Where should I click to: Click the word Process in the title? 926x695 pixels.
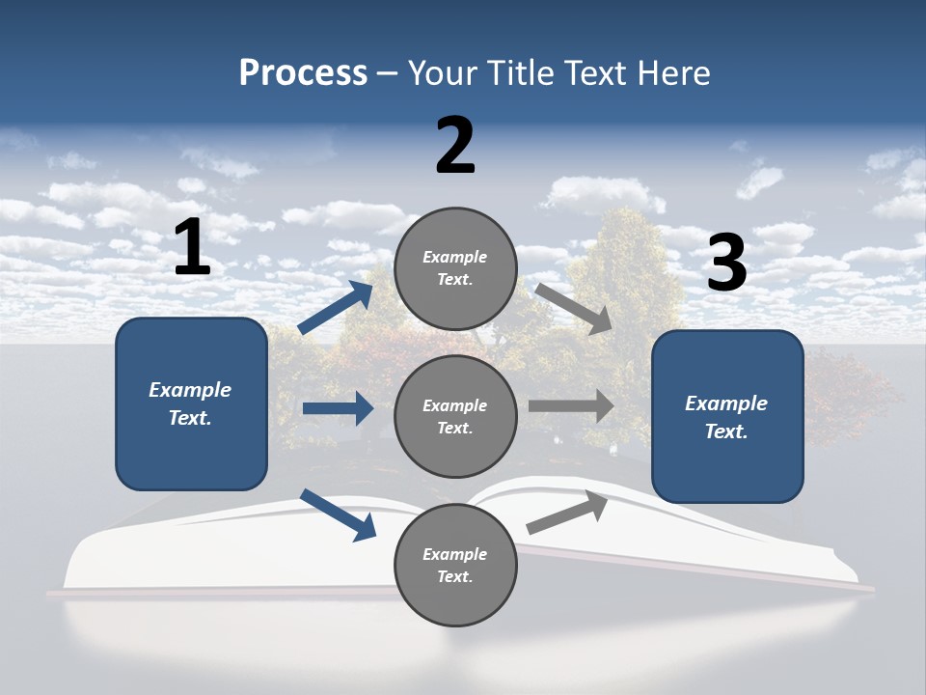pos(303,72)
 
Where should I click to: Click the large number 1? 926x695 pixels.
pos(192,247)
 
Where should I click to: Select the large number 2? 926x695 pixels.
pos(455,146)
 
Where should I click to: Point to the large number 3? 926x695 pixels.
pos(726,264)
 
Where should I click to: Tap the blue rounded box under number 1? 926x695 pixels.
pos(191,403)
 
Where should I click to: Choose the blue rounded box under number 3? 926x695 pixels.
pos(727,416)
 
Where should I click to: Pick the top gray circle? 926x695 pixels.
pos(455,268)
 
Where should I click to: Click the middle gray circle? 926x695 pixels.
pos(455,416)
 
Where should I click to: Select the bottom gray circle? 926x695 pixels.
pos(455,565)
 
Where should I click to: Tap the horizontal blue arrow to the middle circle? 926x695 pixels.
pos(338,408)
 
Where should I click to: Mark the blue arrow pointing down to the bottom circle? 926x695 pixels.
pos(338,514)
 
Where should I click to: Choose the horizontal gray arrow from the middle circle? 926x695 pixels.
pos(571,406)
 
